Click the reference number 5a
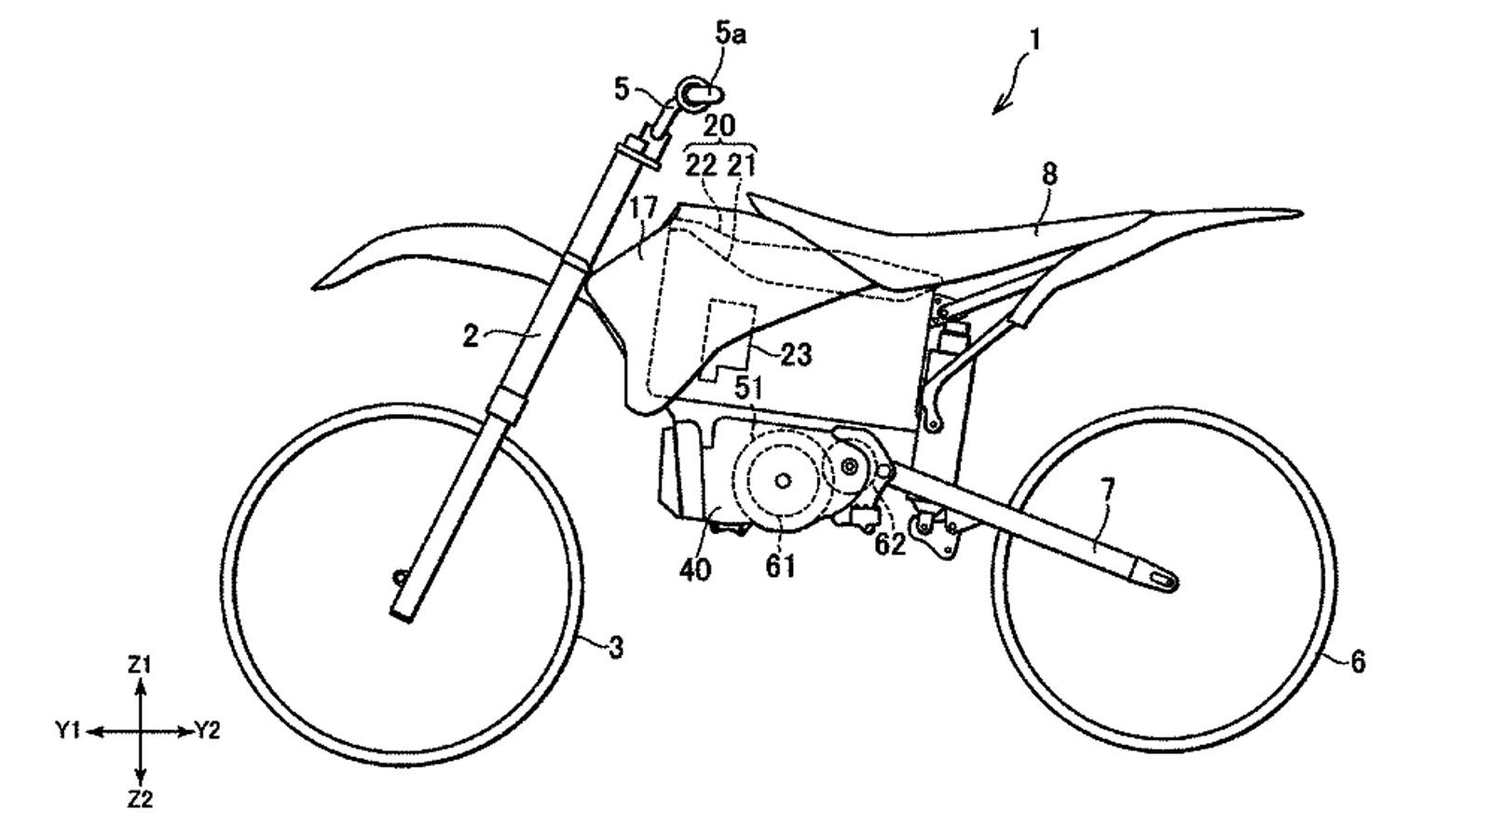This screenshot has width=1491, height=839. pos(731,36)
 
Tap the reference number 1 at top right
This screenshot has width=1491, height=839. pos(1035,39)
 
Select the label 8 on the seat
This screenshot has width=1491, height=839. pos(1051,173)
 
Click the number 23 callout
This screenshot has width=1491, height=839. pos(796,354)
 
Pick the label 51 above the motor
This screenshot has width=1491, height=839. pos(748,387)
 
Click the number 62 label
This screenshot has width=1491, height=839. pos(889,544)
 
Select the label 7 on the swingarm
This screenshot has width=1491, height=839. pos(1106,488)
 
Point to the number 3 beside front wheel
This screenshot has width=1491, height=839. pos(616,647)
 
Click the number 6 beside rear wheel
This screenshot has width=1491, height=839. pos(1358,662)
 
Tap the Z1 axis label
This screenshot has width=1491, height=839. pos(140,665)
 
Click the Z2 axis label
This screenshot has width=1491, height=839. pos(140,799)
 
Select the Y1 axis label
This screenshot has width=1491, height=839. pos(68,732)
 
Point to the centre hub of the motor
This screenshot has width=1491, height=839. pos(781,479)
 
